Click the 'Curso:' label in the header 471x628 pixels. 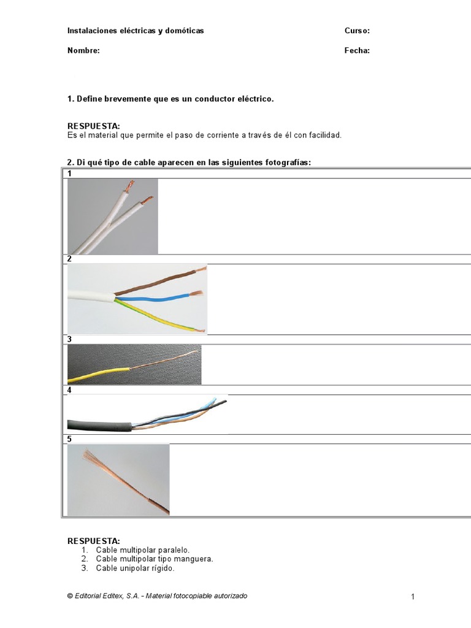[x=357, y=31]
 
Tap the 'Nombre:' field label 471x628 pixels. [x=83, y=51]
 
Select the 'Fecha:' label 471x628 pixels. [x=357, y=51]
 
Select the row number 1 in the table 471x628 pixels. [x=70, y=174]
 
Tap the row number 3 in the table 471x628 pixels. [x=70, y=339]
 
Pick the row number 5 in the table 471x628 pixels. [x=70, y=439]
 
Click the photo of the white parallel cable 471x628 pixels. [x=112, y=216]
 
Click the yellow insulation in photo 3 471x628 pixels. [x=98, y=373]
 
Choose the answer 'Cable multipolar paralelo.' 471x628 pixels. [x=143, y=550]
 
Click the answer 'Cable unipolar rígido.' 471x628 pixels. [x=135, y=569]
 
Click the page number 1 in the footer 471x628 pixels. [x=413, y=597]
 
